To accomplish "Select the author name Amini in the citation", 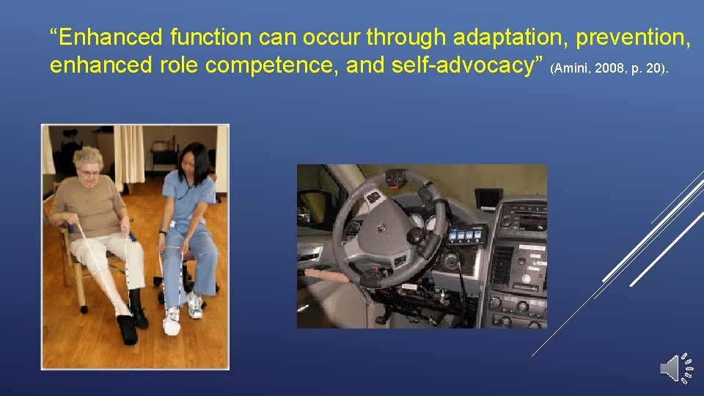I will click(571, 69).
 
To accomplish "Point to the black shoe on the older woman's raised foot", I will click(128, 329).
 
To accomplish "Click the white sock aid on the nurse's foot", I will click(172, 322).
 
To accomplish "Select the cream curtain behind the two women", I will click(128, 154).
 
